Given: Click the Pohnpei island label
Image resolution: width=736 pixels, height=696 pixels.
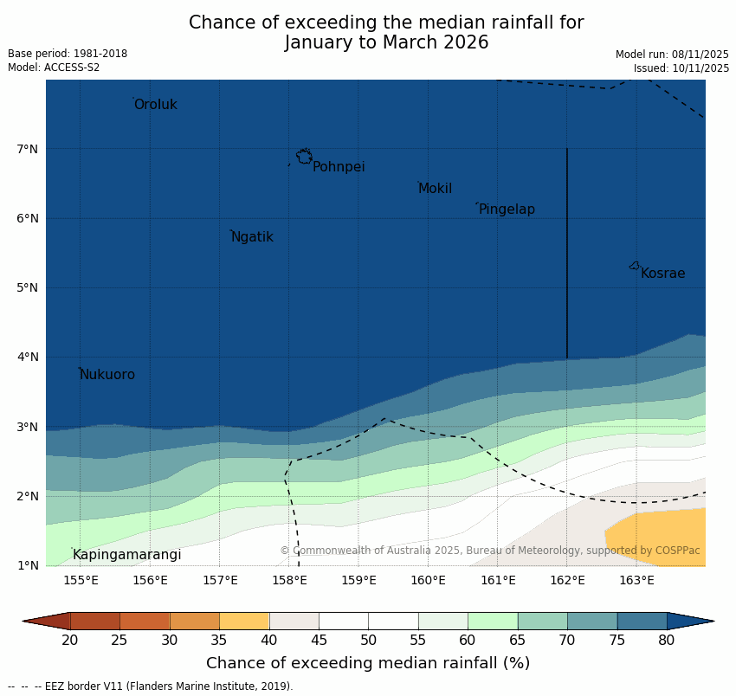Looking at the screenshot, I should [x=339, y=167].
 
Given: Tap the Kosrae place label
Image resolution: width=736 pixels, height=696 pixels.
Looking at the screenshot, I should [x=662, y=274].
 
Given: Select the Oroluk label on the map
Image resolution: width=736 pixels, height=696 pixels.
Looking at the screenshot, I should [x=155, y=105].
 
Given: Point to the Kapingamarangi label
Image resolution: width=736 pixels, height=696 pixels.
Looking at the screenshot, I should [x=126, y=555].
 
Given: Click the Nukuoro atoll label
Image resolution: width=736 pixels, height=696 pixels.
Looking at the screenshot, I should [x=107, y=375].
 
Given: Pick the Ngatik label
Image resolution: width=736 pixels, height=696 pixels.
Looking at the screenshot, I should [x=252, y=237].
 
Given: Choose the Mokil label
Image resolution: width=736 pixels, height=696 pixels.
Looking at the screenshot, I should [x=435, y=189].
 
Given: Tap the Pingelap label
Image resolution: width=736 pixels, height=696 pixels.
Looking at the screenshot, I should [x=507, y=209].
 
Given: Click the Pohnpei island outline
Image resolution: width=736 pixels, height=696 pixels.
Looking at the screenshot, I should [x=304, y=157].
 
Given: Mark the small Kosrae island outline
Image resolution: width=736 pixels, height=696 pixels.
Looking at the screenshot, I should [x=635, y=266].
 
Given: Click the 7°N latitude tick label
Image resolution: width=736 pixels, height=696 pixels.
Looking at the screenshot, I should [x=28, y=149].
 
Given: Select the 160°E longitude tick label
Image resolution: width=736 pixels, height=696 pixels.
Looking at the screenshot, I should [x=428, y=580].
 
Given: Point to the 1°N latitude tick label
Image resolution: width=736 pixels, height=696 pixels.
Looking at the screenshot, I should [x=28, y=566].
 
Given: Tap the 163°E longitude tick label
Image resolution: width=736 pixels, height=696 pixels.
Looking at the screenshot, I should [x=636, y=580].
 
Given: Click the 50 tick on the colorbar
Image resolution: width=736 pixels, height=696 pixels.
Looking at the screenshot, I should [x=368, y=640].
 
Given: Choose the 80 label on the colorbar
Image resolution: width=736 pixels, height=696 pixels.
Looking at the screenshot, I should [x=666, y=640].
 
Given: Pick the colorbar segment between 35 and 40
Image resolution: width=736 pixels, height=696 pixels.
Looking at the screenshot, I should [x=244, y=621].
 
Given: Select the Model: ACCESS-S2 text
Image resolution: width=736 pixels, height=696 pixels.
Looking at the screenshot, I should [x=54, y=68].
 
